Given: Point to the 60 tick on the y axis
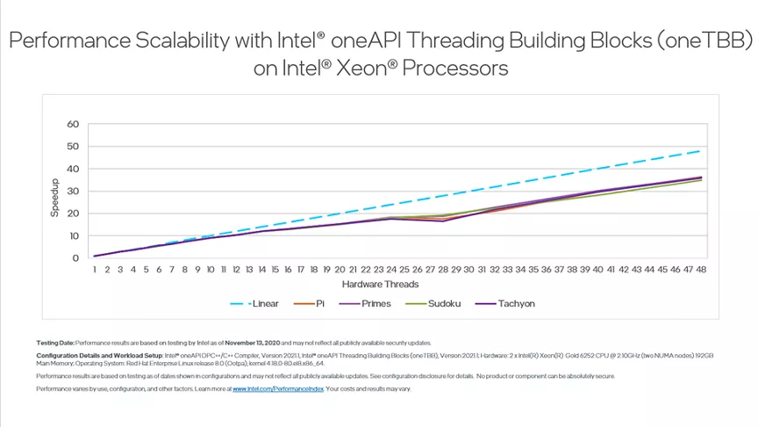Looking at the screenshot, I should click(73, 124).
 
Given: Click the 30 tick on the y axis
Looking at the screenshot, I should click(73, 191).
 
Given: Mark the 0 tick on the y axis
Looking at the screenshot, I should click(75, 258).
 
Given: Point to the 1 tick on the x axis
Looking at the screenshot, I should click(94, 270).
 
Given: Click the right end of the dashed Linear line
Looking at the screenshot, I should click(699, 151).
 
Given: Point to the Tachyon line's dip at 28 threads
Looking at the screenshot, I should click(442, 221).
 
